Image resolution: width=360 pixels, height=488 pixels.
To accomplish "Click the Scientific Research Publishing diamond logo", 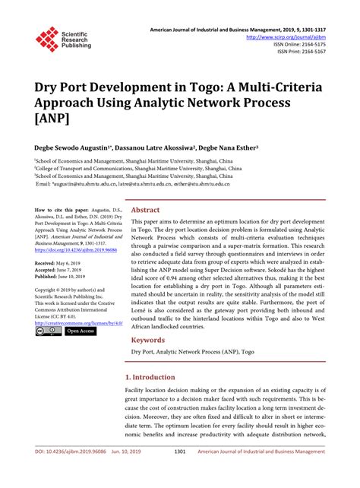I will (x=46, y=39).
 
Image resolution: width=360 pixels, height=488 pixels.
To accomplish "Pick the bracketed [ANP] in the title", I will (x=52, y=121).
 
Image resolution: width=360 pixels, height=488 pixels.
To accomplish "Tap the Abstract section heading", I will (x=146, y=209).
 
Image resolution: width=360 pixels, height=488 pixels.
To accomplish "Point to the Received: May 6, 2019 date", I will (x=56, y=261).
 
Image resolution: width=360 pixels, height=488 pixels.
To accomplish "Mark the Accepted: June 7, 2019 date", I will (x=57, y=269).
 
